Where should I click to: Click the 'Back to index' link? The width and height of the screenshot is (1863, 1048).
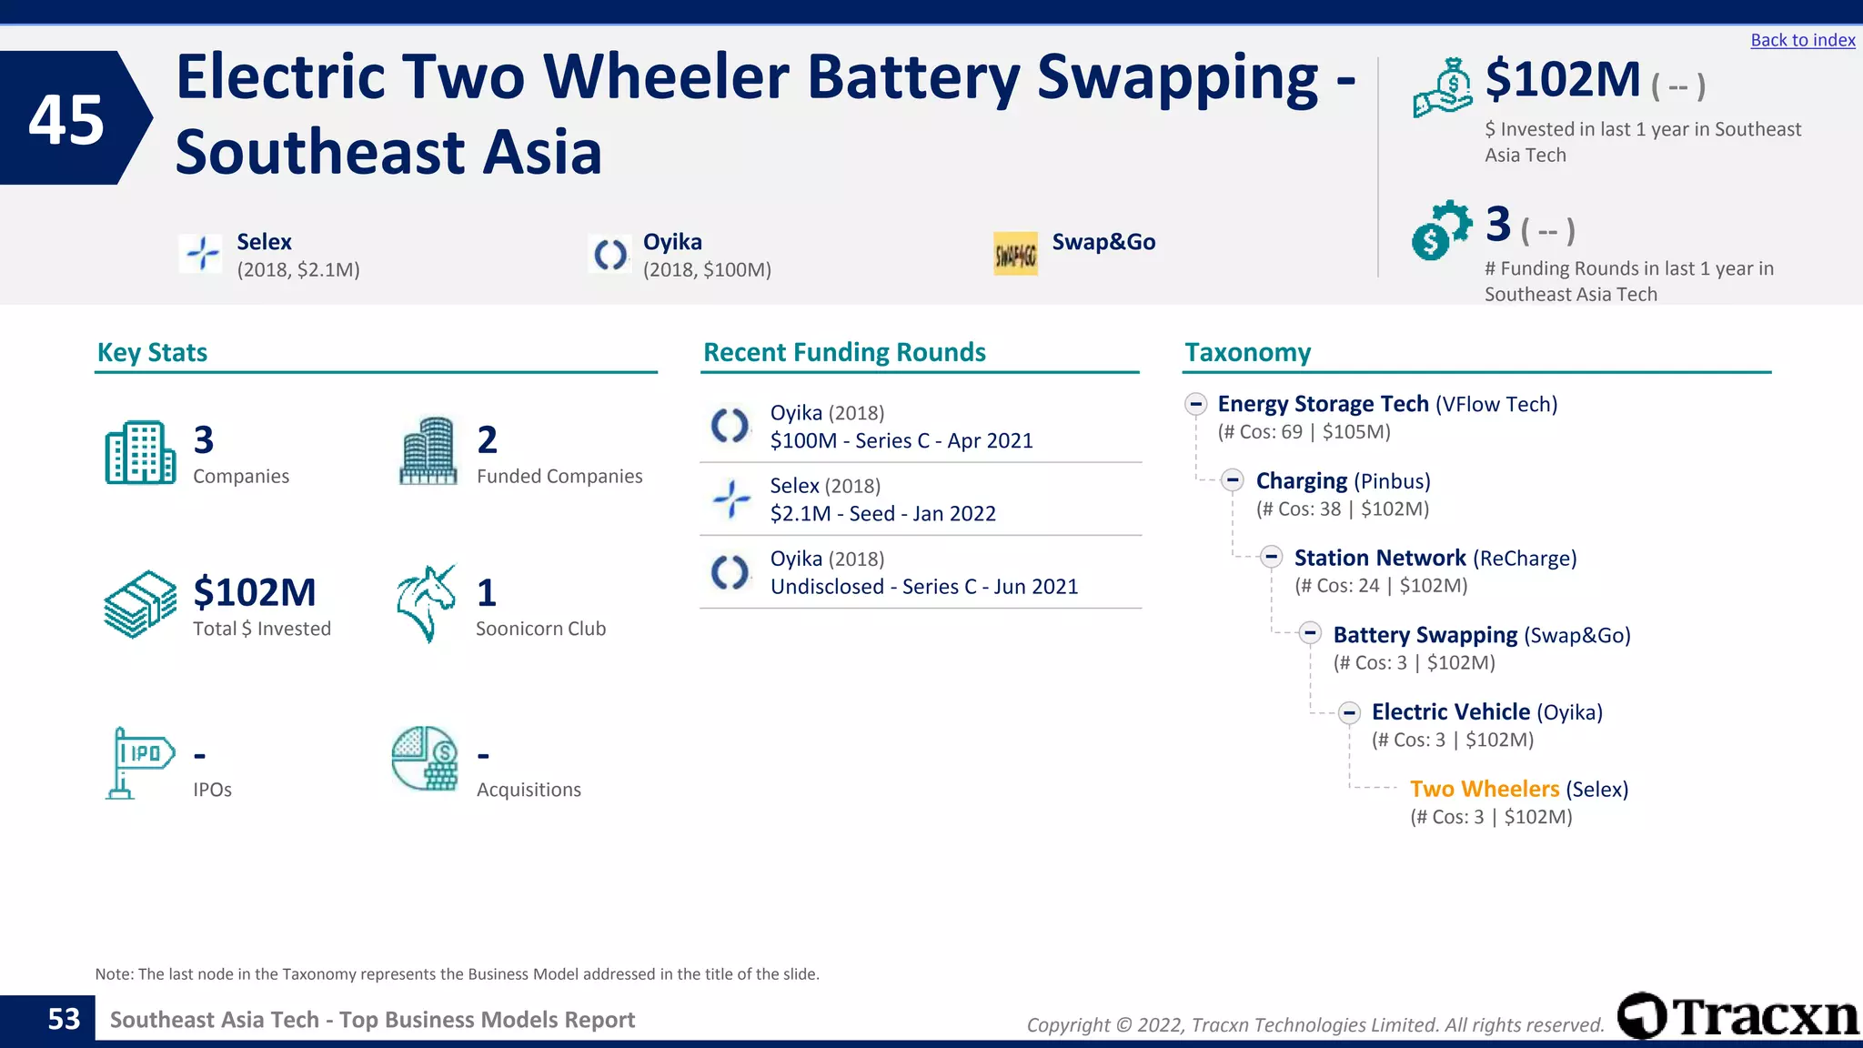1802,40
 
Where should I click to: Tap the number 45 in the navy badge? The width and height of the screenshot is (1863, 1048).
66,119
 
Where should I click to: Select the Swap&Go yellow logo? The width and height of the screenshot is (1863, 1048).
1015,254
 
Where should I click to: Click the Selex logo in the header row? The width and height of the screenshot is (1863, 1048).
201,254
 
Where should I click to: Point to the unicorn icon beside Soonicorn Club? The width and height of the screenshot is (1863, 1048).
426,603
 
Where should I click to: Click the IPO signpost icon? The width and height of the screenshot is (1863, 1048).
139,762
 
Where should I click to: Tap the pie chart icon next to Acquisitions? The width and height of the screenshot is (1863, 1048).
425,759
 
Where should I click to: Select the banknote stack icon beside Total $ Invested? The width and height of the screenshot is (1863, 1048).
140,604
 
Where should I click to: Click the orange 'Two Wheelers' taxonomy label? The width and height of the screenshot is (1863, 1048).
1484,789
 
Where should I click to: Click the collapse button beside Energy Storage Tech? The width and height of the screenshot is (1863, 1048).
1195,404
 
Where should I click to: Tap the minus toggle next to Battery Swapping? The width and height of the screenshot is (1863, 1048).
1310,633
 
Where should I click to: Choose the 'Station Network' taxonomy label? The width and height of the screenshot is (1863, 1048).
1379,558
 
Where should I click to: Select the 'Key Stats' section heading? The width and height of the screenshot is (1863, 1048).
152,352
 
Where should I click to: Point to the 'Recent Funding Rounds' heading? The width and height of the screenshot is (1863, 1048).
844,352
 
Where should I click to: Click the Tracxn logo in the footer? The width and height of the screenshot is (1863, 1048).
1737,1016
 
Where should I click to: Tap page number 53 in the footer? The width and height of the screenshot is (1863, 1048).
64,1019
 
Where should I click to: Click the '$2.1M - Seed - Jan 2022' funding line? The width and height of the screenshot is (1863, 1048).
882,514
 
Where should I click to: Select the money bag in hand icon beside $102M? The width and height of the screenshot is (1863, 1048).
1442,88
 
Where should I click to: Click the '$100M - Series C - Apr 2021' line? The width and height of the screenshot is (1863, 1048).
901,441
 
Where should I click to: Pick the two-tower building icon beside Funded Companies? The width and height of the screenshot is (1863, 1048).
428,451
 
